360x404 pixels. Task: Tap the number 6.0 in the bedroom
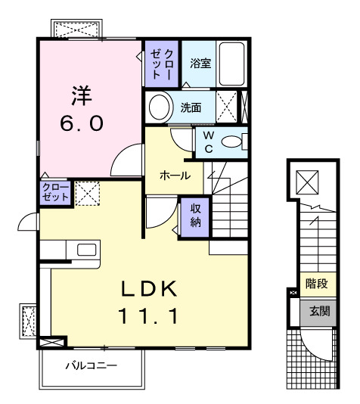coord(81,123)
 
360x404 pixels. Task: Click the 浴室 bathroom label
coord(200,64)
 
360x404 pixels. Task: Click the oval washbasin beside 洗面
coord(160,107)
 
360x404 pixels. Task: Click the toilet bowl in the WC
coord(235,141)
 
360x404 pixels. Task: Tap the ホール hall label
coord(175,175)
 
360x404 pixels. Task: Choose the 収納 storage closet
coord(194,216)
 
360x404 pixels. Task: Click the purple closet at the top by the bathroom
coord(161,64)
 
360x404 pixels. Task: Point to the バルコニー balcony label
coord(90,365)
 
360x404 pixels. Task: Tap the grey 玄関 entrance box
coord(315,311)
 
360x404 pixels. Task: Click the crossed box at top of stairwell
coord(308,182)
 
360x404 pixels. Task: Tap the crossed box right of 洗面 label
coord(226,106)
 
